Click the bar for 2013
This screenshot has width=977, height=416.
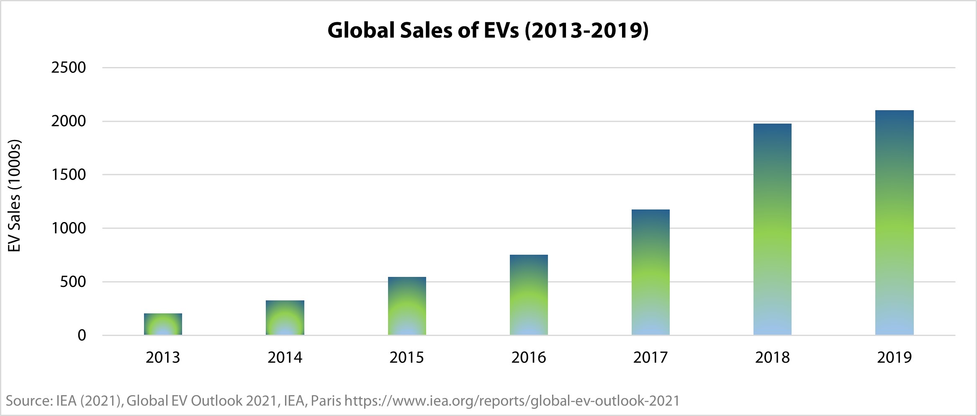[163, 324]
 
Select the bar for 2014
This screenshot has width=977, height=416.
[285, 318]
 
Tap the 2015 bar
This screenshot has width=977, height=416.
[407, 306]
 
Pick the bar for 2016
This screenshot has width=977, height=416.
[529, 295]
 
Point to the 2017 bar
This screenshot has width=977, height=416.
[650, 272]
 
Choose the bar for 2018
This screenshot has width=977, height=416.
[772, 229]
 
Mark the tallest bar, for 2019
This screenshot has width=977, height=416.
[894, 222]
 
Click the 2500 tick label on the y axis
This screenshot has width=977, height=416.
[69, 67]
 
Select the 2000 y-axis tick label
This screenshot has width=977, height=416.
[69, 121]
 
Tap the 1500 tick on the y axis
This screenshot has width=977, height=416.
[69, 175]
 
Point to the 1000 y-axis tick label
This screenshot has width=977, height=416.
[69, 228]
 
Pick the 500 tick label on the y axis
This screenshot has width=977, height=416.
[73, 282]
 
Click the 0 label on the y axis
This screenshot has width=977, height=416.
[82, 336]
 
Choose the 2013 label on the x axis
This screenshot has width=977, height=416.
[163, 357]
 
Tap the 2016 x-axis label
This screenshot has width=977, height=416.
[529, 357]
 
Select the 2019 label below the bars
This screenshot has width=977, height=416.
[894, 357]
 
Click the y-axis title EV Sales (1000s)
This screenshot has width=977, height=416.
[15, 196]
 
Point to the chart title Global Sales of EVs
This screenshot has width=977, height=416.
[488, 30]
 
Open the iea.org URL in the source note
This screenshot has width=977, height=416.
[512, 401]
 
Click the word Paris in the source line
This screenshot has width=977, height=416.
[326, 401]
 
